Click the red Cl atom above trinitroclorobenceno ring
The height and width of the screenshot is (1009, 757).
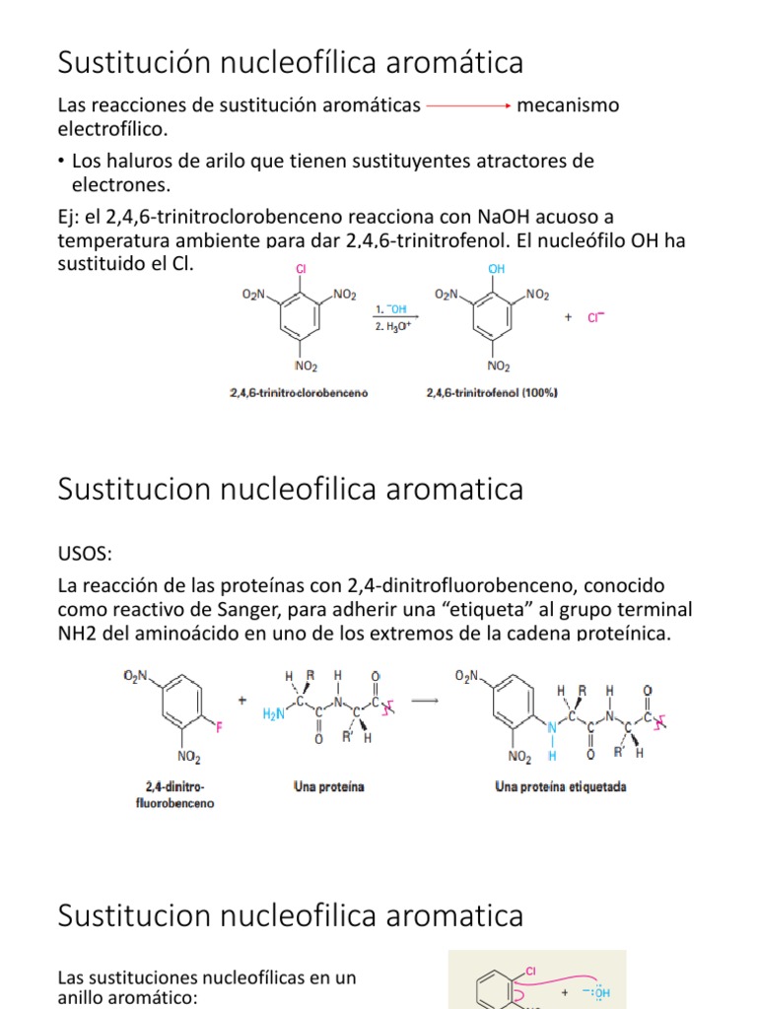click(302, 268)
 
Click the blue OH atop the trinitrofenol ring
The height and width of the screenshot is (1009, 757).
click(496, 268)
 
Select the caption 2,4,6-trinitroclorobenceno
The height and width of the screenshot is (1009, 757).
click(299, 393)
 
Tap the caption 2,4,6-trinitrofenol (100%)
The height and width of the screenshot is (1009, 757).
click(492, 393)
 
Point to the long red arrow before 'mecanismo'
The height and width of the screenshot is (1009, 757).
click(467, 105)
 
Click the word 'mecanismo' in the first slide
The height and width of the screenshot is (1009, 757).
click(569, 105)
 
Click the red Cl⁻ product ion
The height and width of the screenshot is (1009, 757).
click(596, 317)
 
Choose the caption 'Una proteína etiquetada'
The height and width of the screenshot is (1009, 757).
click(562, 787)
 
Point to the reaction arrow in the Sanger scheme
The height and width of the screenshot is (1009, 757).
click(425, 701)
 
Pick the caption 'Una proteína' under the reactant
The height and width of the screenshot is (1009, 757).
click(329, 787)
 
